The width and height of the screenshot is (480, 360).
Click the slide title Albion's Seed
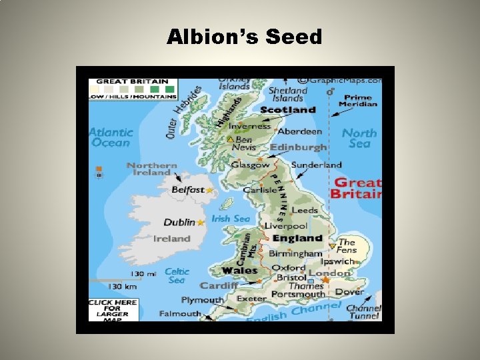pyautogui.click(x=244, y=37)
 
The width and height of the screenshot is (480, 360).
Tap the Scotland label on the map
pyautogui.click(x=287, y=110)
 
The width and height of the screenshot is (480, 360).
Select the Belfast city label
pyautogui.click(x=187, y=190)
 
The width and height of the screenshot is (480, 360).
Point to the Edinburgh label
pyautogui.click(x=299, y=147)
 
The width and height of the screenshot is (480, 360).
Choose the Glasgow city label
pyautogui.click(x=251, y=165)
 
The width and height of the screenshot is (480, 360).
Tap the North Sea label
pyautogui.click(x=359, y=138)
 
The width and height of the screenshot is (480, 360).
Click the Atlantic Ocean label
pyautogui.click(x=111, y=137)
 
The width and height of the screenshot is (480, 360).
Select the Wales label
pyautogui.click(x=239, y=271)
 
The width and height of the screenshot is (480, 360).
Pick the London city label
pyautogui.click(x=329, y=273)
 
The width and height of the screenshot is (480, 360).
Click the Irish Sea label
pyautogui.click(x=231, y=219)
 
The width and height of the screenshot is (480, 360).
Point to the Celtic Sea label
pyautogui.click(x=177, y=275)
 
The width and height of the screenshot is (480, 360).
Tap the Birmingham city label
pyautogui.click(x=295, y=254)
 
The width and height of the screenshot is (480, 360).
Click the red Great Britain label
pyautogui.click(x=357, y=188)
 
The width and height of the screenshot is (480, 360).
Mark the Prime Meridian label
pyautogui.click(x=358, y=101)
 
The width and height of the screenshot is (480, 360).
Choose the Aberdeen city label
pyautogui.click(x=299, y=131)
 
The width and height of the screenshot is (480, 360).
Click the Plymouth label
pyautogui.click(x=202, y=300)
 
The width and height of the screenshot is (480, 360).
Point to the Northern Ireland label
pyautogui.click(x=151, y=169)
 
